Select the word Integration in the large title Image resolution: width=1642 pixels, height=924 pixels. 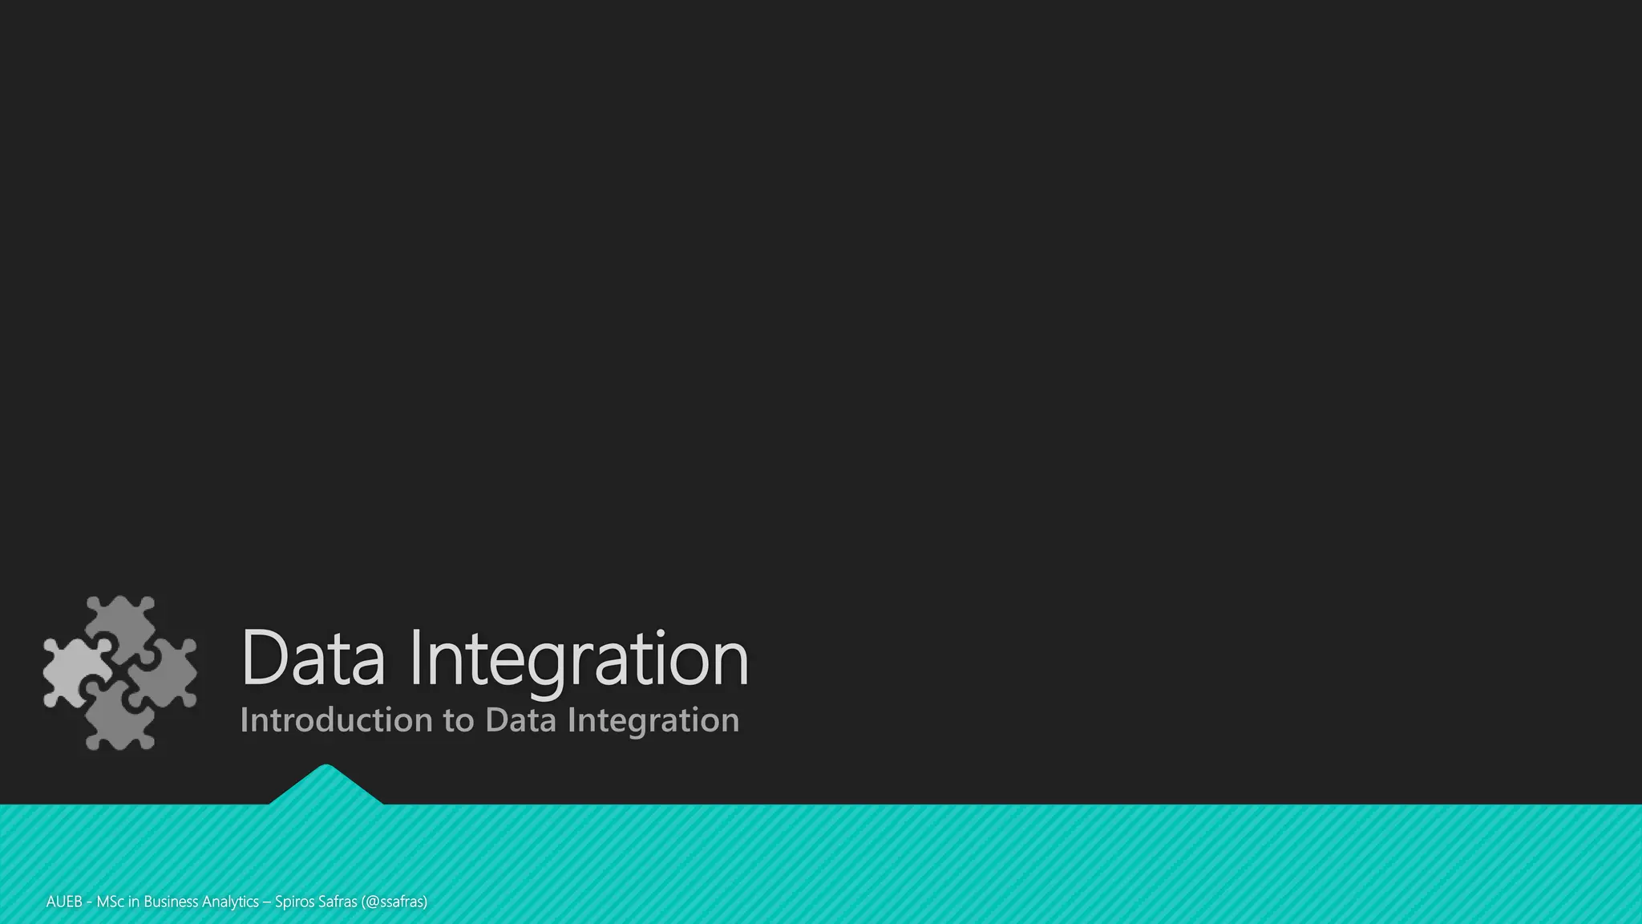pos(579,659)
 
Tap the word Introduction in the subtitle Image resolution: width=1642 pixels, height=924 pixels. pos(335,720)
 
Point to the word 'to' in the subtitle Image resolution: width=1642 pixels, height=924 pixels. pos(459,721)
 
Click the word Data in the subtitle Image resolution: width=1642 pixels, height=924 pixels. pos(520,720)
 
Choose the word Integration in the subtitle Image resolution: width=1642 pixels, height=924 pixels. pos(653,721)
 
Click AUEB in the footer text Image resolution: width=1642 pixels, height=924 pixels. pos(64,902)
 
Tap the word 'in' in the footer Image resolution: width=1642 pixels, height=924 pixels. pos(134,902)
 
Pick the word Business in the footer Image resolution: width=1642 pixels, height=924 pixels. pos(171,902)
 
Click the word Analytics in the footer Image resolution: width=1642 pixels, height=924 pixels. pos(230,902)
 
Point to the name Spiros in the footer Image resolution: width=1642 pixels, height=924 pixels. pos(294,902)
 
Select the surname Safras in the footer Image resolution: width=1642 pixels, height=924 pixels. pos(338,902)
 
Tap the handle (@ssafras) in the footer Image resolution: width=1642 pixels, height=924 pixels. pos(394,902)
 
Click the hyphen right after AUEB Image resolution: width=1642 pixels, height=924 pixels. pos(89,902)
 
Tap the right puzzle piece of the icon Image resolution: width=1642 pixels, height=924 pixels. pos(167,674)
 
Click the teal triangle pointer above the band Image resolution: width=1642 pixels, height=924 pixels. pos(326,786)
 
